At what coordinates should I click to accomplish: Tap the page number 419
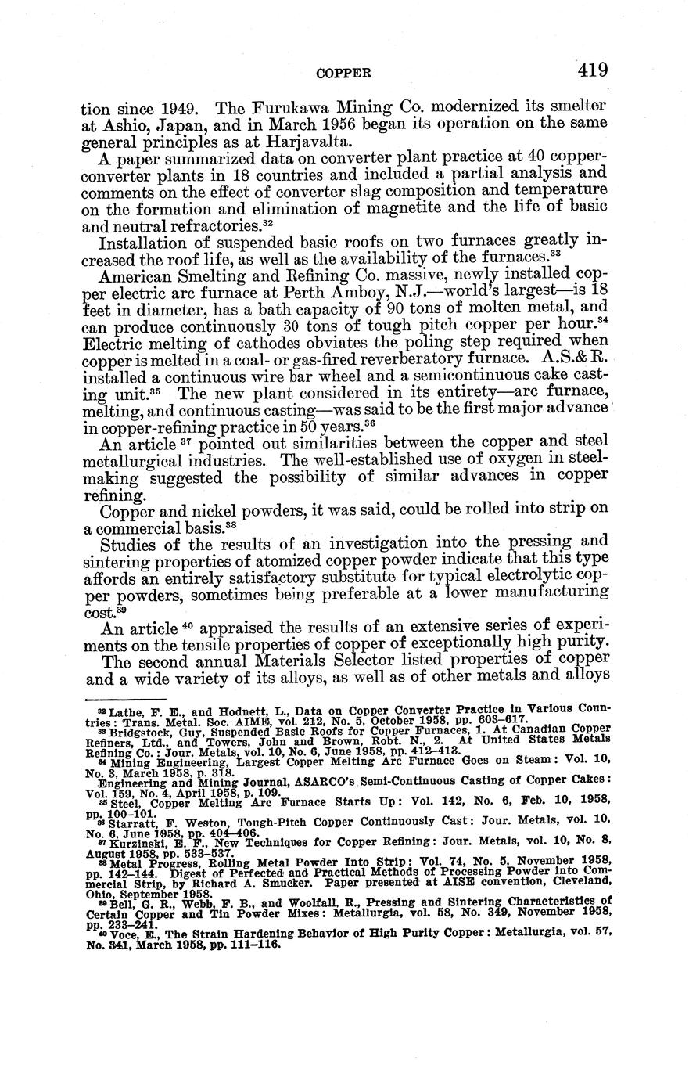coord(594,70)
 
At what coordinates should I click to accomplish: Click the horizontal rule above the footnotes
coord(125,699)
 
